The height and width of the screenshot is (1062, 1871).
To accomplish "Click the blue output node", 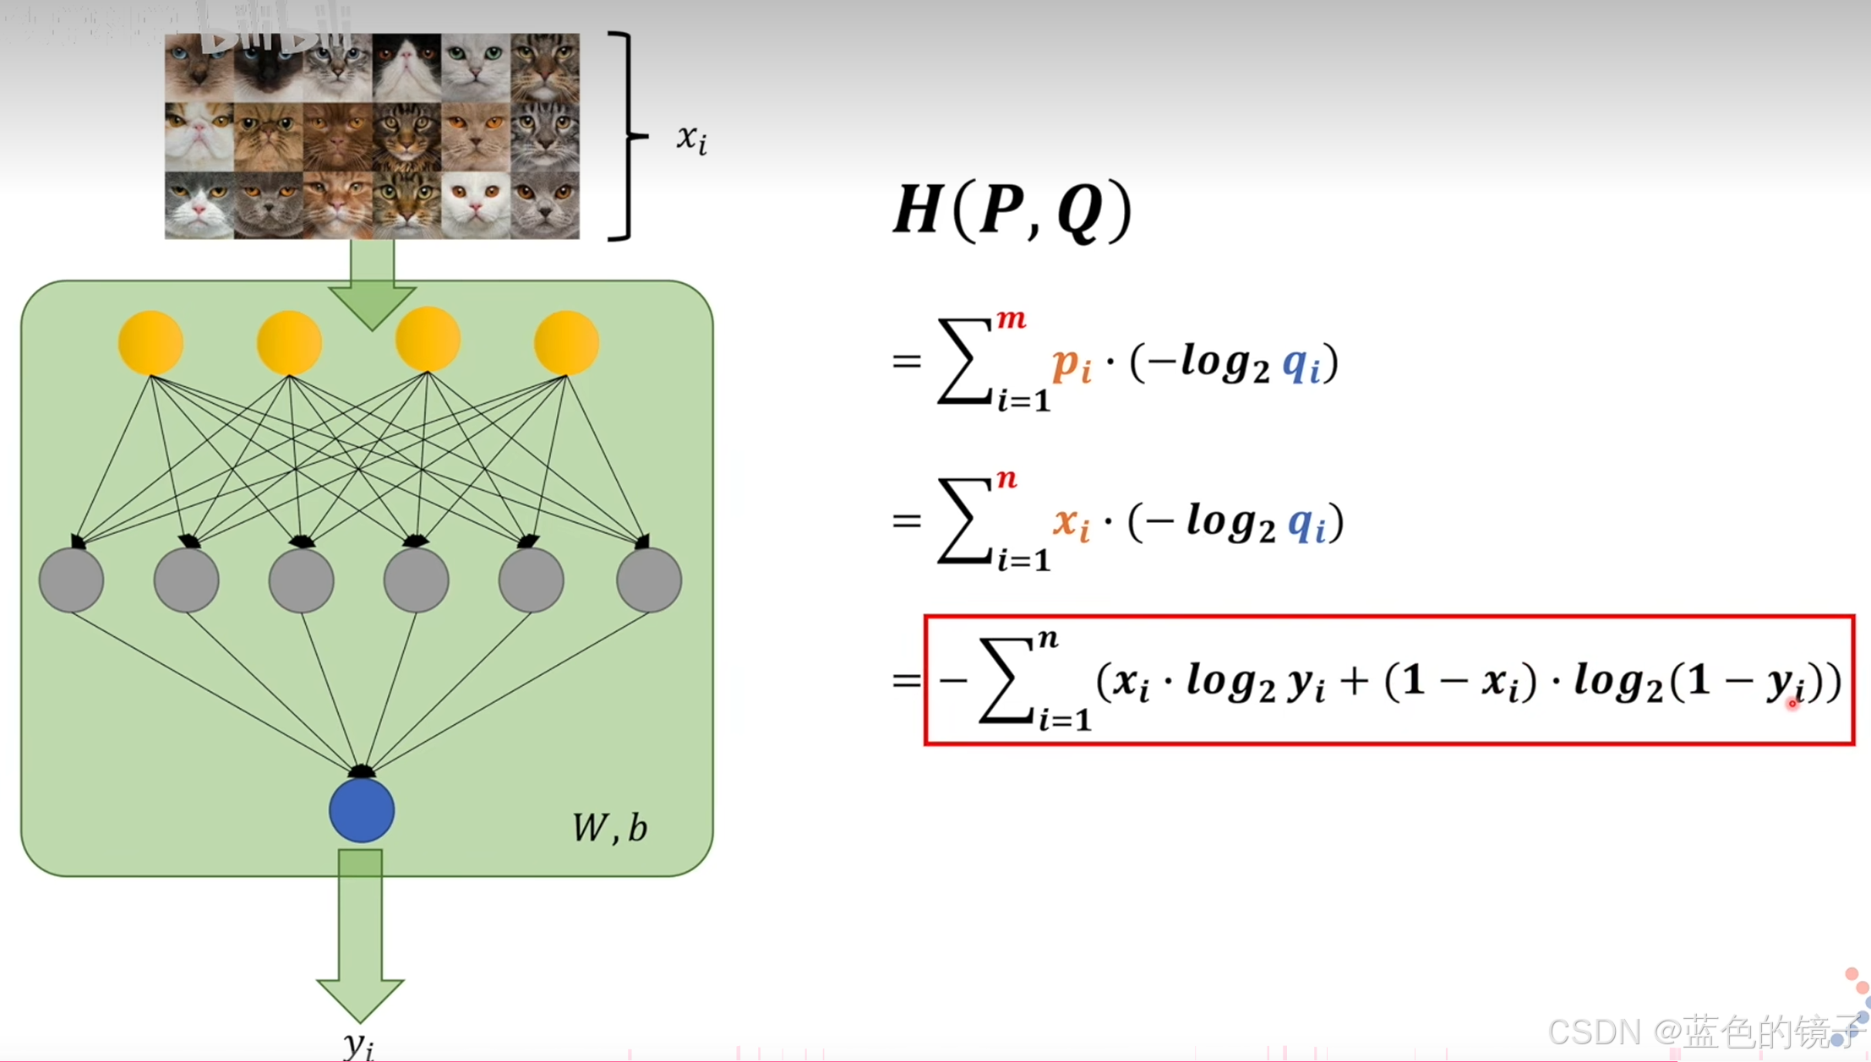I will click(362, 810).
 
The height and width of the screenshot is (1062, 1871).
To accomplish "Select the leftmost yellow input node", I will click(150, 343).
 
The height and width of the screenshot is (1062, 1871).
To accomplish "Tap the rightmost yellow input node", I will click(566, 343).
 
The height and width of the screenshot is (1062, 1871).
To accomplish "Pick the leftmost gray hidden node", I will click(72, 580).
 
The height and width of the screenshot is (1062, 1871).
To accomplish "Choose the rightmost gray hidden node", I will click(648, 580).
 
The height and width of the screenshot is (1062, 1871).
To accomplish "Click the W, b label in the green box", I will click(610, 828).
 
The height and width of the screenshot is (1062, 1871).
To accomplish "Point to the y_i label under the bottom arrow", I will click(359, 1044).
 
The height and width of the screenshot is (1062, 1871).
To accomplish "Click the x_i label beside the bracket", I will click(691, 139).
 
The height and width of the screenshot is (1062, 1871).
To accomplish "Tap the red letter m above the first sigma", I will click(1011, 319).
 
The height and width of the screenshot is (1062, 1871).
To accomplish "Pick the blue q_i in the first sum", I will click(1301, 365).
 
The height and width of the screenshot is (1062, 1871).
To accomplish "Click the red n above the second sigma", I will click(1006, 479).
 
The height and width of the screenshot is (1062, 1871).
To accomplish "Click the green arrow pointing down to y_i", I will click(360, 938).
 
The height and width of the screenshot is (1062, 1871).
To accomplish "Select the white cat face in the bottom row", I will click(475, 205).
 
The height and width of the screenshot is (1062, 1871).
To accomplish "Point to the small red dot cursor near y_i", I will click(1792, 703).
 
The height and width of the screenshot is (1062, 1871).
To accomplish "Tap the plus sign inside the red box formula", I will click(1354, 682).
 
